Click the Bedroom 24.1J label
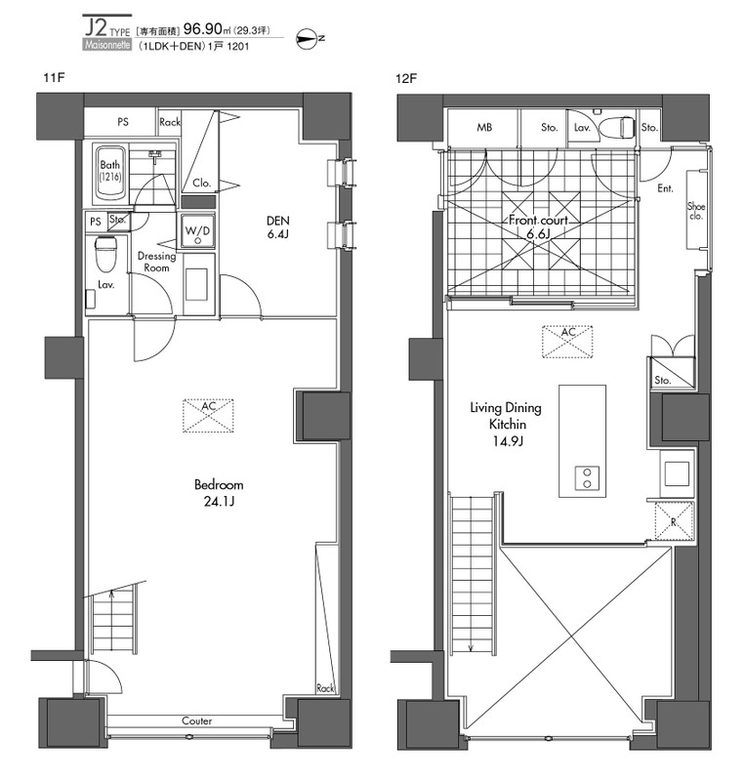[x=219, y=493]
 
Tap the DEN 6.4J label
[x=277, y=227]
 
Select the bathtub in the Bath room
[x=109, y=174]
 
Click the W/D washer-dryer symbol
[x=198, y=231]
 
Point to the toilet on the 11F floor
[x=105, y=254]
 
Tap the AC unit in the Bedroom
[x=208, y=416]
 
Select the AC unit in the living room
[x=567, y=342]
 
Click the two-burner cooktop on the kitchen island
[x=587, y=478]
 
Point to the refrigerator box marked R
[x=674, y=521]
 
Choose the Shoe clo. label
[x=695, y=211]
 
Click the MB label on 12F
[x=484, y=128]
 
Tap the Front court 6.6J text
[x=538, y=226]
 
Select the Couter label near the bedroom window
[x=197, y=720]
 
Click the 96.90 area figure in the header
[x=203, y=29]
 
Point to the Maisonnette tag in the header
[x=107, y=45]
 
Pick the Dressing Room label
[x=156, y=262]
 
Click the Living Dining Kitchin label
[x=506, y=416]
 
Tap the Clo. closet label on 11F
[x=202, y=183]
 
